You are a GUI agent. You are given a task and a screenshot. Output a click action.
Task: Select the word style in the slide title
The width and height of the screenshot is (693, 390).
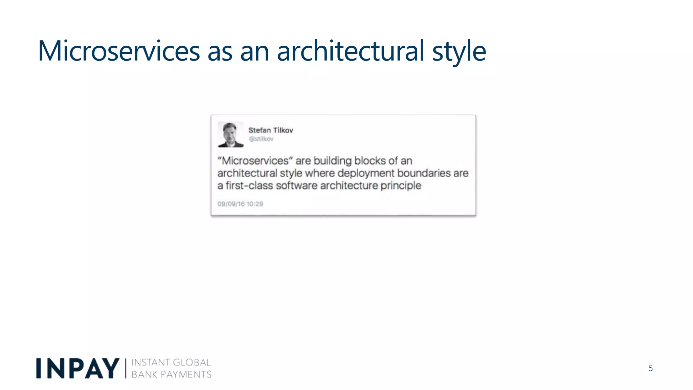click(459, 51)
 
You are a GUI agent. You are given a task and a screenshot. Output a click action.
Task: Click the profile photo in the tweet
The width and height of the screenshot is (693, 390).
click(231, 134)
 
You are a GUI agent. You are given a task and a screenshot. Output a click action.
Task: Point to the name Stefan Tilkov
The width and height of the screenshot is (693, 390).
click(271, 130)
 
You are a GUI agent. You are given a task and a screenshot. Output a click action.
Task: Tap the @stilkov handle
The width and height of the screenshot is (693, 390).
click(261, 139)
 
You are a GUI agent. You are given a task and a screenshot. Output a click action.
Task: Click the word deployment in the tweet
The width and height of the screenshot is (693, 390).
click(366, 173)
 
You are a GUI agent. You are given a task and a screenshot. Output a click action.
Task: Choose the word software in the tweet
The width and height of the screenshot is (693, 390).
click(296, 186)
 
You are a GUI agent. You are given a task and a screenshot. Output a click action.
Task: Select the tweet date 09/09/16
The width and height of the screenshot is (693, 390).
click(231, 204)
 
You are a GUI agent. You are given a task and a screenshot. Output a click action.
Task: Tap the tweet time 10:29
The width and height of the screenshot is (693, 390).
click(255, 204)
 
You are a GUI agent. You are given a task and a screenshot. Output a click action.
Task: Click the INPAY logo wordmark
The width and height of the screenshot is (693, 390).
click(77, 368)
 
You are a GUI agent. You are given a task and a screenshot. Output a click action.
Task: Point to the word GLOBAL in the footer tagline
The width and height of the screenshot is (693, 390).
click(192, 363)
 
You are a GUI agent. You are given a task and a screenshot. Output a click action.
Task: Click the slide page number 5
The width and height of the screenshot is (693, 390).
click(651, 368)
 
